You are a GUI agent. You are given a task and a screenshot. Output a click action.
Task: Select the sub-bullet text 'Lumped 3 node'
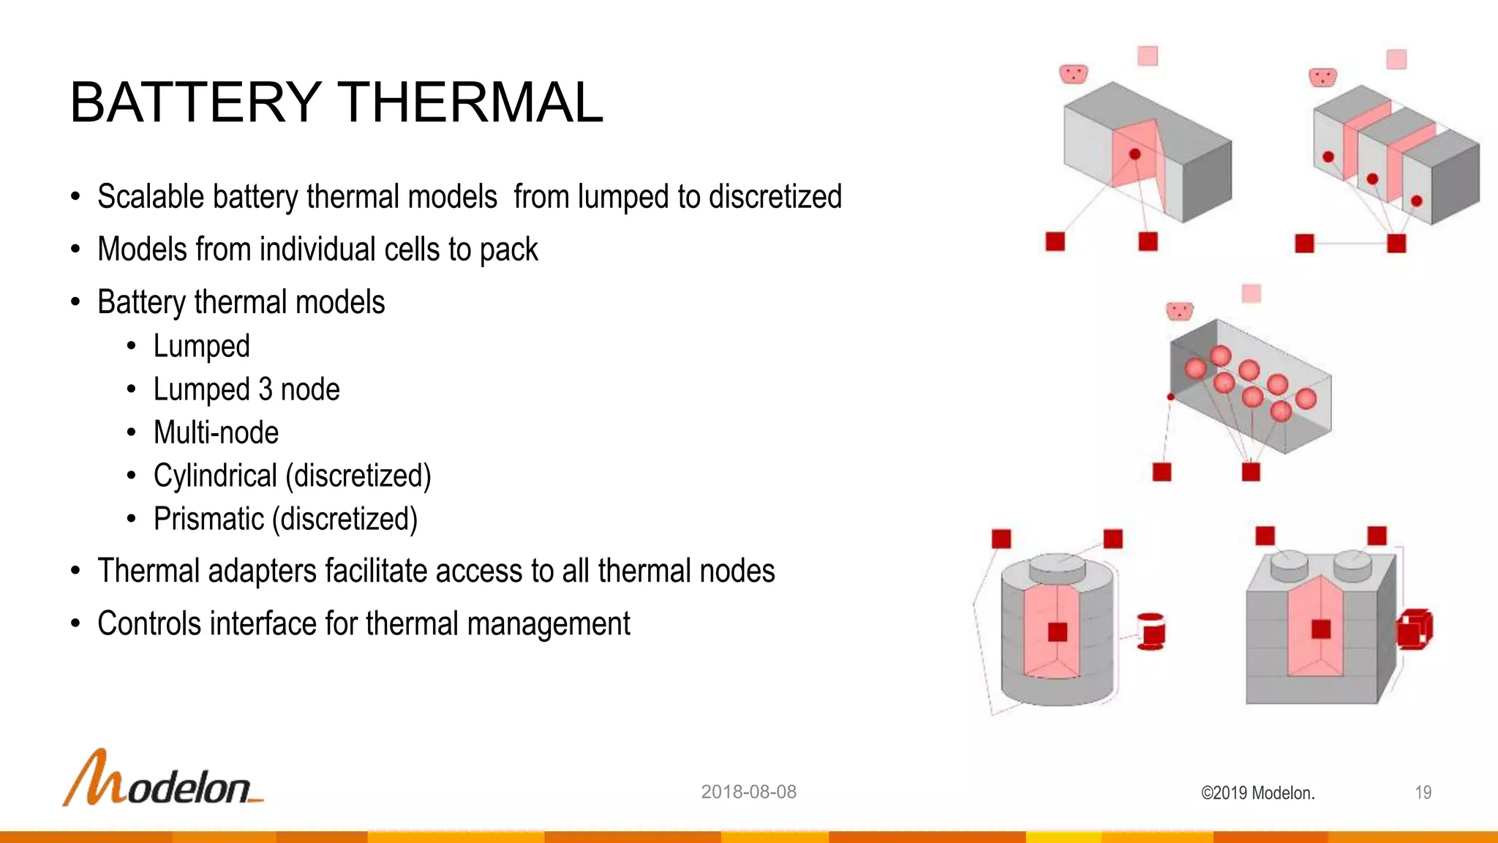point(246,389)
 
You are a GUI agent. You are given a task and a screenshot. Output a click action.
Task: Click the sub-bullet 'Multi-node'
point(216,432)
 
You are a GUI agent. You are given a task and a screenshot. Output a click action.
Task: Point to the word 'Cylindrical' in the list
point(215,476)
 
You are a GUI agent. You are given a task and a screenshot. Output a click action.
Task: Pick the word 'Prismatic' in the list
point(208,519)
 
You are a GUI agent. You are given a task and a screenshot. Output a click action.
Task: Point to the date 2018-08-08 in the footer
point(748,792)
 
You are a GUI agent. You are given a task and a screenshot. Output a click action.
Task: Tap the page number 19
point(1423,793)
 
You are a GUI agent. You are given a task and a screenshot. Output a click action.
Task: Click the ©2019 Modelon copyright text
point(1257,793)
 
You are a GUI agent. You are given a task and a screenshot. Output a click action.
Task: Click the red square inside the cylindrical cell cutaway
point(1057,632)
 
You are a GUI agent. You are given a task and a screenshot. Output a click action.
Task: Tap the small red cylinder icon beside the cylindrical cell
point(1151,632)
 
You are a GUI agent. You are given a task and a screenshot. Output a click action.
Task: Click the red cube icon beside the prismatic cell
point(1415,629)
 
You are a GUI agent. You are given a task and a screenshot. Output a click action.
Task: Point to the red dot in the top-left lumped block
point(1134,154)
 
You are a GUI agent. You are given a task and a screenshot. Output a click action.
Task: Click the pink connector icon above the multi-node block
point(1179,312)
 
